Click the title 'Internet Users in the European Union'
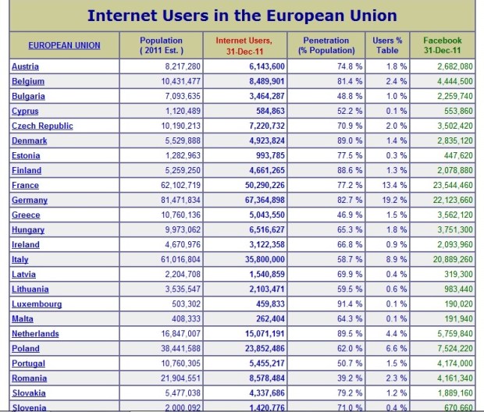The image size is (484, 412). coord(241,15)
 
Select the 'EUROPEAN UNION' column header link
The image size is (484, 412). coord(64,45)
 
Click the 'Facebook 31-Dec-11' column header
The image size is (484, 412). coord(442,45)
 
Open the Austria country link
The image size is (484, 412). coord(25,66)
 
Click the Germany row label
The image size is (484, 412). coord(30,200)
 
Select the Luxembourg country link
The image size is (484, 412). coord(37,304)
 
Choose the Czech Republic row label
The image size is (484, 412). coord(42,126)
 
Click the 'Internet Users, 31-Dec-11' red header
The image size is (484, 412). coord(244,45)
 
